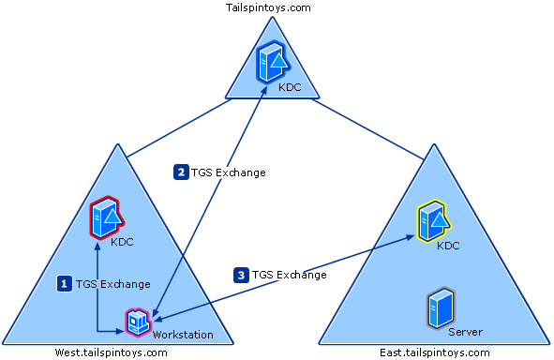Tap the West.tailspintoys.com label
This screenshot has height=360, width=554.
coord(111,352)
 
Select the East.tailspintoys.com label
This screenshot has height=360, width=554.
coord(435,352)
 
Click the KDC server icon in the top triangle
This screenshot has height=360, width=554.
coord(272,64)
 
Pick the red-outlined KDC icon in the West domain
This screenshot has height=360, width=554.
coord(106,217)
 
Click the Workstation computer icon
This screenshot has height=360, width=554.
coord(139,322)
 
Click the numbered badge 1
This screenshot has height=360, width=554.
coord(65,282)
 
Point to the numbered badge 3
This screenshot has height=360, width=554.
coord(242,275)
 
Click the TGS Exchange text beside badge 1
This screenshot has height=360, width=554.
coord(112,283)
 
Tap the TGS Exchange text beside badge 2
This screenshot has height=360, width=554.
coord(229,172)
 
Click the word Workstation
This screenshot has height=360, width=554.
coord(183,335)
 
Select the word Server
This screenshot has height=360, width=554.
coord(465,332)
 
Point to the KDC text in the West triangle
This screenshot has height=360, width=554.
coord(122,242)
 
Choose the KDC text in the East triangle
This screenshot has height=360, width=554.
coord(448,246)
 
